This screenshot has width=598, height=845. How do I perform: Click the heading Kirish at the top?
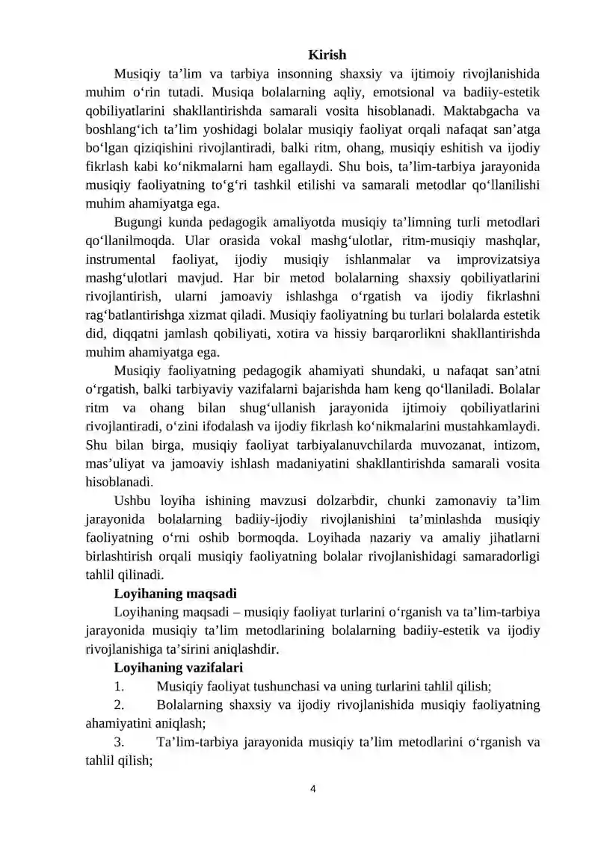(x=327, y=55)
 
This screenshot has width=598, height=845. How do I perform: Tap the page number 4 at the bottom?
(x=313, y=787)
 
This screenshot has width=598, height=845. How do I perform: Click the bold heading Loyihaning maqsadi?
(x=175, y=594)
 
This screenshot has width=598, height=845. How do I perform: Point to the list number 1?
(x=119, y=685)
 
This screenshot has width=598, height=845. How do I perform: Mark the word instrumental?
(x=121, y=259)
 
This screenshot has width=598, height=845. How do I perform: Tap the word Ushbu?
(x=133, y=501)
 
